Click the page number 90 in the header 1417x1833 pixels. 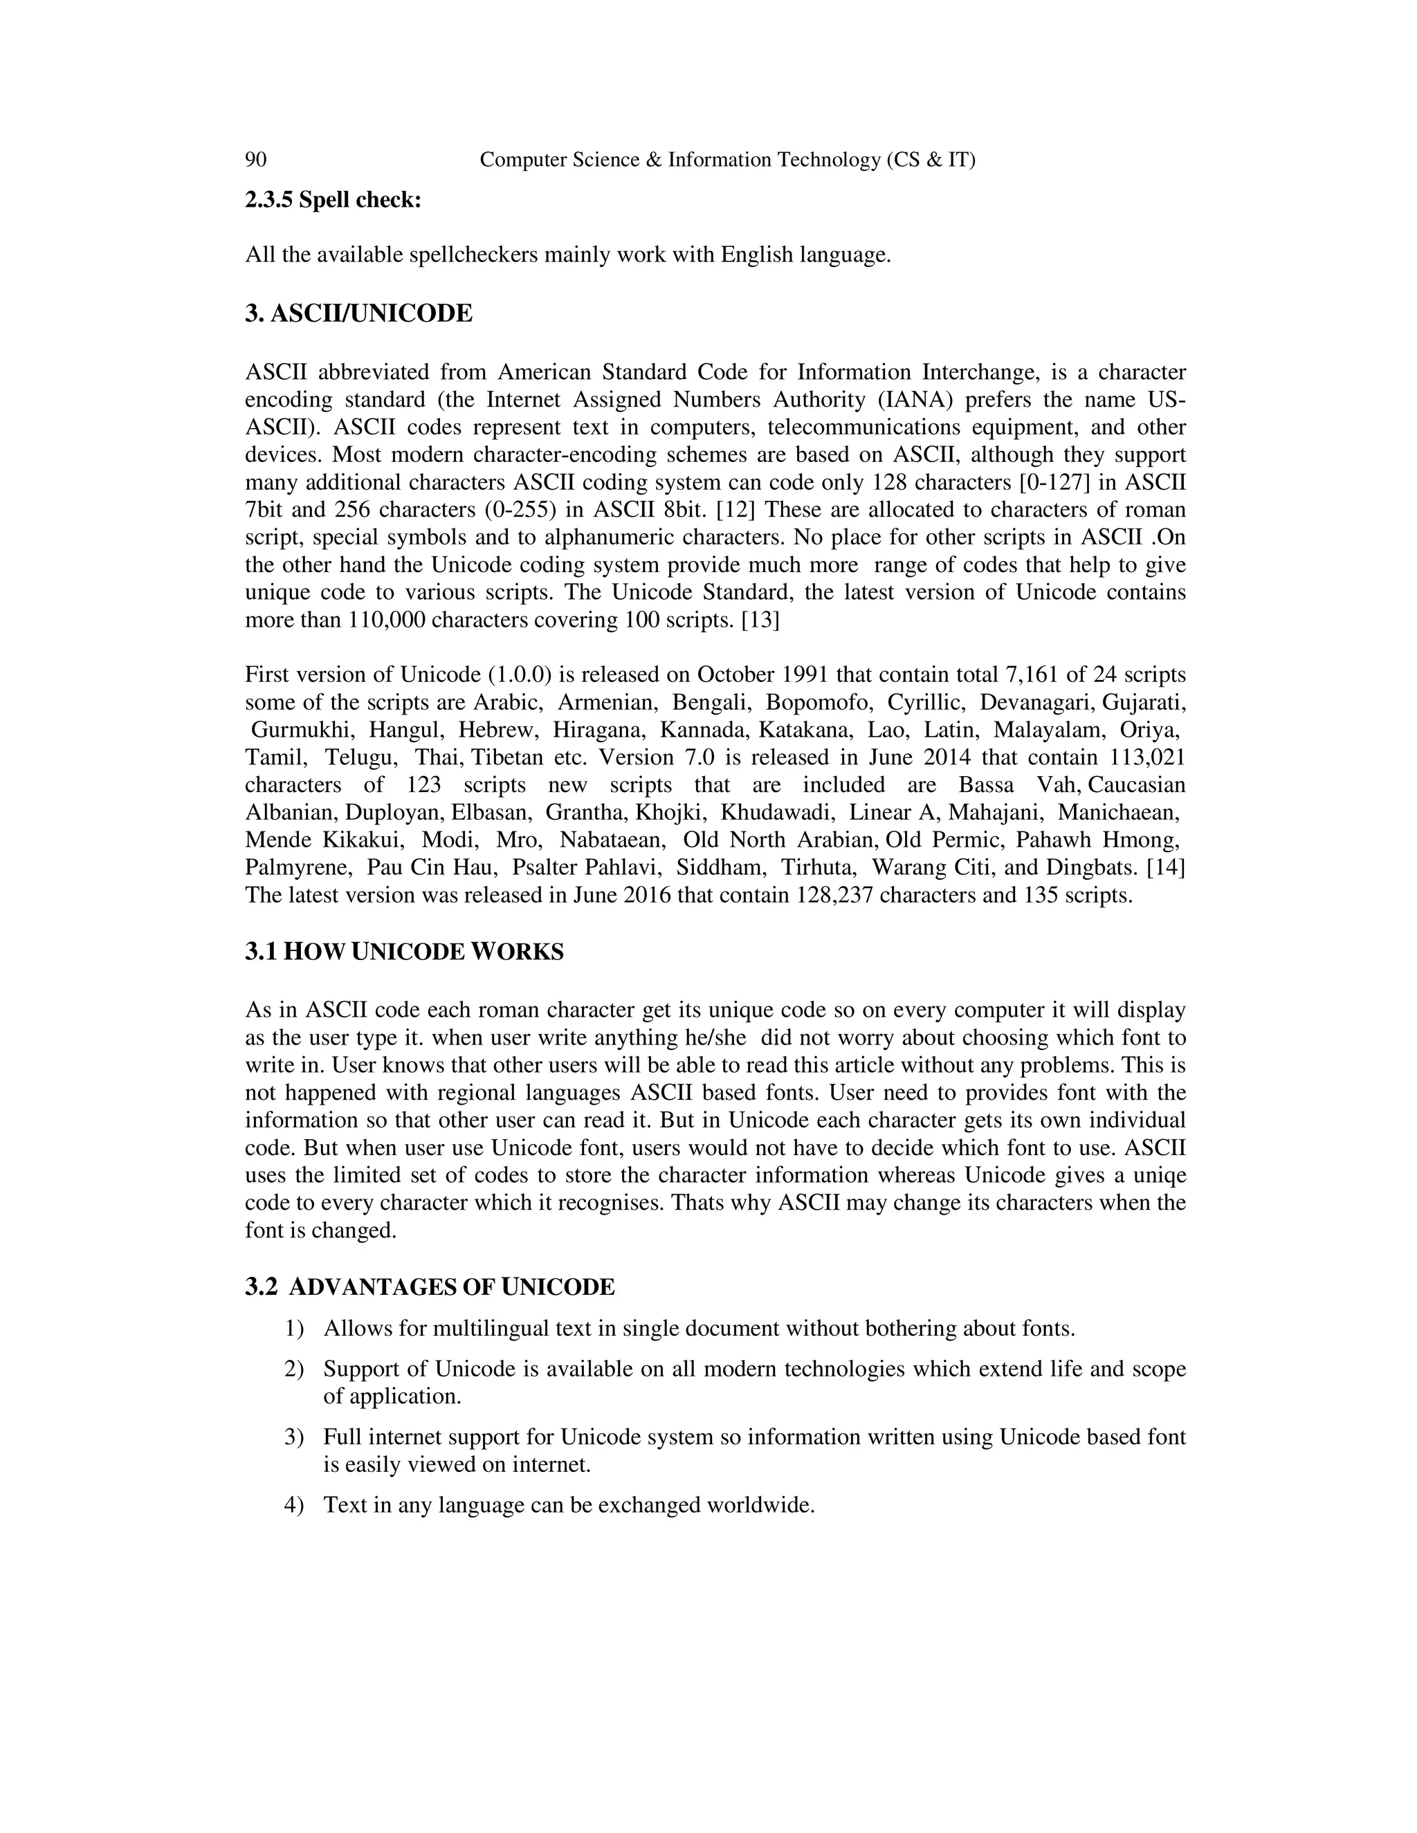point(255,160)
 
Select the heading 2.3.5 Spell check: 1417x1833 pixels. point(332,201)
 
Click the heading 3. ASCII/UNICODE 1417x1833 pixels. point(358,314)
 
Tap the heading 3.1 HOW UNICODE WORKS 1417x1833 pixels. point(404,952)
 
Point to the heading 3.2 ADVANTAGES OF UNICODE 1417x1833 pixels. point(430,1287)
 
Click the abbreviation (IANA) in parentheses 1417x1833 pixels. point(917,400)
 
